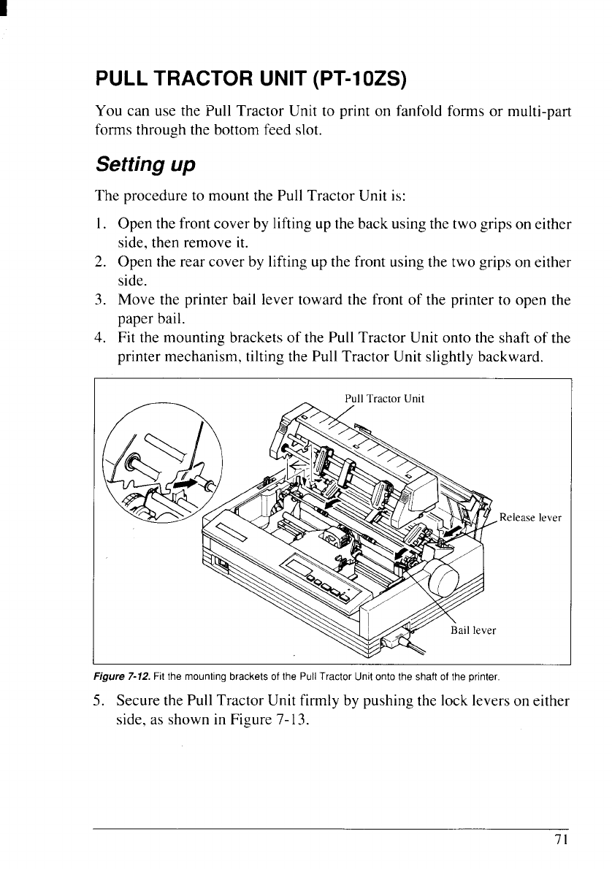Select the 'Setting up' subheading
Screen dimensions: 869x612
click(145, 164)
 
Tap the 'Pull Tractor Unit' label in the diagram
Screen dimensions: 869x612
click(384, 399)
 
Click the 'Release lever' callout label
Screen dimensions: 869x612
click(530, 518)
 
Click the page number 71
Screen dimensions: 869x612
click(560, 840)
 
